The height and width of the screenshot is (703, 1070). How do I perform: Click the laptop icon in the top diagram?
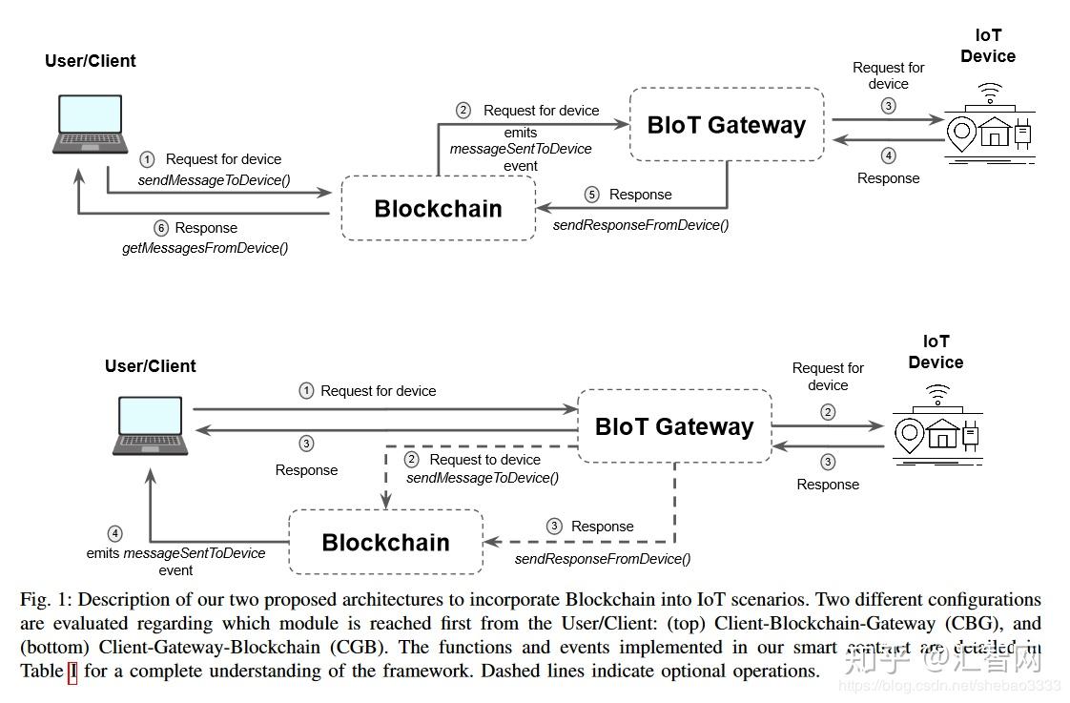[90, 124]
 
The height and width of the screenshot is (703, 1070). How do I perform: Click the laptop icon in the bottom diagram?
[150, 425]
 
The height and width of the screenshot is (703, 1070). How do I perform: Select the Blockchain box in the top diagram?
[438, 208]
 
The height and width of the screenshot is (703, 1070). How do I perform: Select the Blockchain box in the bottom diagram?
[386, 542]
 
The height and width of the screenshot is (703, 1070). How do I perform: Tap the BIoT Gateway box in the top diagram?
[727, 125]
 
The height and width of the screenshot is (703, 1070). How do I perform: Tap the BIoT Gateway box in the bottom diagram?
[675, 426]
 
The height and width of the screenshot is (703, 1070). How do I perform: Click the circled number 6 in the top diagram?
[161, 228]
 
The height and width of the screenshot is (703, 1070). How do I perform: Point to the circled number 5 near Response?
[591, 195]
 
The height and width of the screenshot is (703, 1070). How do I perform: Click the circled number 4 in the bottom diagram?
[114, 533]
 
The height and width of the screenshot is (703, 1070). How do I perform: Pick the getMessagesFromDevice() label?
[205, 248]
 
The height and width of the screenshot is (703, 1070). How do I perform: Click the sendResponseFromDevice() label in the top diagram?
[641, 225]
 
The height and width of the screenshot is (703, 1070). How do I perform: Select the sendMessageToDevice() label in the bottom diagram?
[483, 478]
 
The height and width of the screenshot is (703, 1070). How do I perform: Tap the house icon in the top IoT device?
[995, 132]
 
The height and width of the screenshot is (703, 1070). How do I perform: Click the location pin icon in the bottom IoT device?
[910, 436]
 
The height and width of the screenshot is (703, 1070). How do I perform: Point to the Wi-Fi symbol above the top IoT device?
[990, 93]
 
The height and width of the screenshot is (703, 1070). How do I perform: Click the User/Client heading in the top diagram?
[90, 61]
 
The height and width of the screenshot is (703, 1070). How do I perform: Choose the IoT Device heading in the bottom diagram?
[936, 351]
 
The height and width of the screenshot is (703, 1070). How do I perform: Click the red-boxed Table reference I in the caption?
[72, 672]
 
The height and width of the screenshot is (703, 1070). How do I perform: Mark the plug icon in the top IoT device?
[1022, 134]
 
